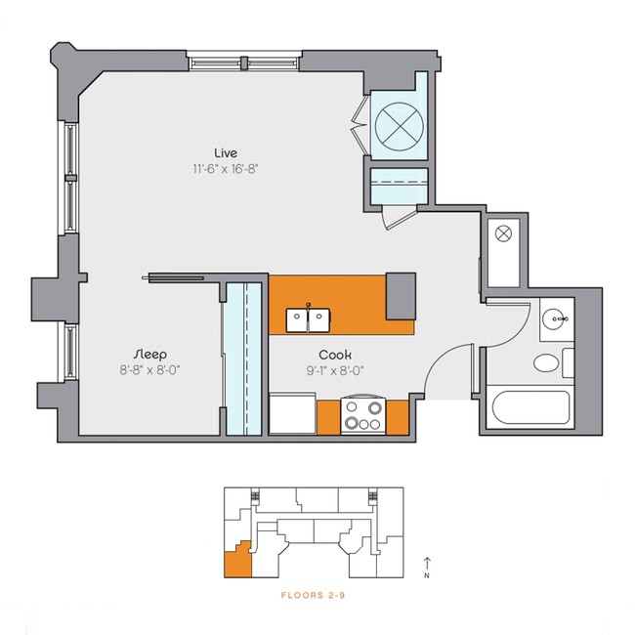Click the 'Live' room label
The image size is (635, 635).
[227, 151]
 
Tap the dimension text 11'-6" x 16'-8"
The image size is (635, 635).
[226, 168]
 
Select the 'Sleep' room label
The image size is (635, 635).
[150, 353]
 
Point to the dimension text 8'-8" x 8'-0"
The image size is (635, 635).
[150, 369]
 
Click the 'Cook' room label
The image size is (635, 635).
[335, 355]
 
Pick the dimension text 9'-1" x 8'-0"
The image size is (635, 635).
[335, 370]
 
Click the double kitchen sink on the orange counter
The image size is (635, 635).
[309, 317]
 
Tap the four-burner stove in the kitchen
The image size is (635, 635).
[362, 417]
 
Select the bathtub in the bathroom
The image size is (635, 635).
[528, 409]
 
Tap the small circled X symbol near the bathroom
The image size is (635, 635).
[504, 234]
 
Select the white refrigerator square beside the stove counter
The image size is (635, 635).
[291, 413]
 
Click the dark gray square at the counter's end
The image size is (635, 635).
[401, 295]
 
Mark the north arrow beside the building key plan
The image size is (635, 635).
[427, 566]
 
